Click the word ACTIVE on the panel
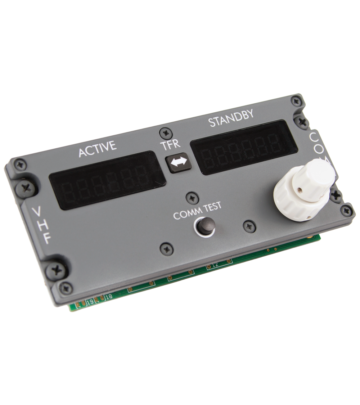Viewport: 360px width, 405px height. coord(98,149)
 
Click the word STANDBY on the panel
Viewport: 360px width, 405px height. coord(231,118)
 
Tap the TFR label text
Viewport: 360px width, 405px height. coord(170,145)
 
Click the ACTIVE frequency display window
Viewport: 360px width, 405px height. coord(107,180)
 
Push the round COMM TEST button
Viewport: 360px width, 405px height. coord(206,226)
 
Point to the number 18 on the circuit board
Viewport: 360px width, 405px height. coord(109,296)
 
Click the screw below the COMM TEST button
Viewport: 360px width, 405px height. coord(166,249)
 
